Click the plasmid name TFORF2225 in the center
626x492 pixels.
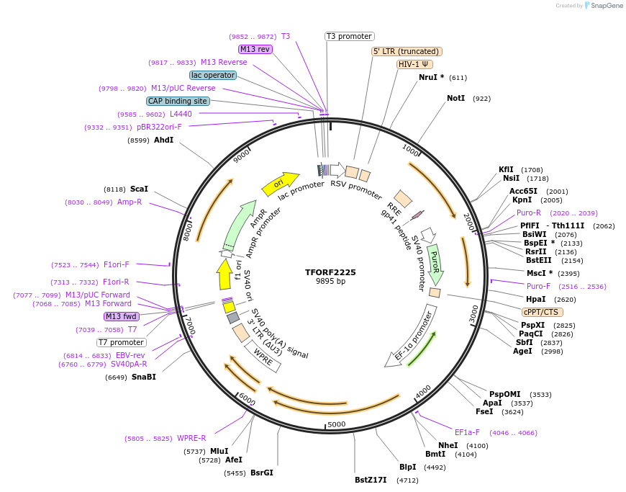click(x=330, y=272)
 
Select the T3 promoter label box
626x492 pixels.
click(x=350, y=36)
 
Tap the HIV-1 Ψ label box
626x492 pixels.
click(x=414, y=64)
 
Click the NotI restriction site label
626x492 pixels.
click(x=456, y=98)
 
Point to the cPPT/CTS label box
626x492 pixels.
click(x=543, y=312)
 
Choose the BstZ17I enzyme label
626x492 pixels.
click(x=371, y=480)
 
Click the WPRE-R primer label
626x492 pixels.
click(x=191, y=438)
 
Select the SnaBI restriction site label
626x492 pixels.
click(x=144, y=377)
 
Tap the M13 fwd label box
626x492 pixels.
click(x=122, y=316)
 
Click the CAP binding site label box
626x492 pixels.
click(x=178, y=102)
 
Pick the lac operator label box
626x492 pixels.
click(x=213, y=75)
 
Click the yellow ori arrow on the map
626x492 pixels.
click(x=279, y=184)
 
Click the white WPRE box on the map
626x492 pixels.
click(x=262, y=356)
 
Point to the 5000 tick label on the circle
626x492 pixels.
click(x=337, y=424)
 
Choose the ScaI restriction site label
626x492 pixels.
click(x=139, y=189)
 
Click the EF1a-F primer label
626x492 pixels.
click(x=467, y=432)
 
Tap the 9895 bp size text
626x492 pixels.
click(x=330, y=282)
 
